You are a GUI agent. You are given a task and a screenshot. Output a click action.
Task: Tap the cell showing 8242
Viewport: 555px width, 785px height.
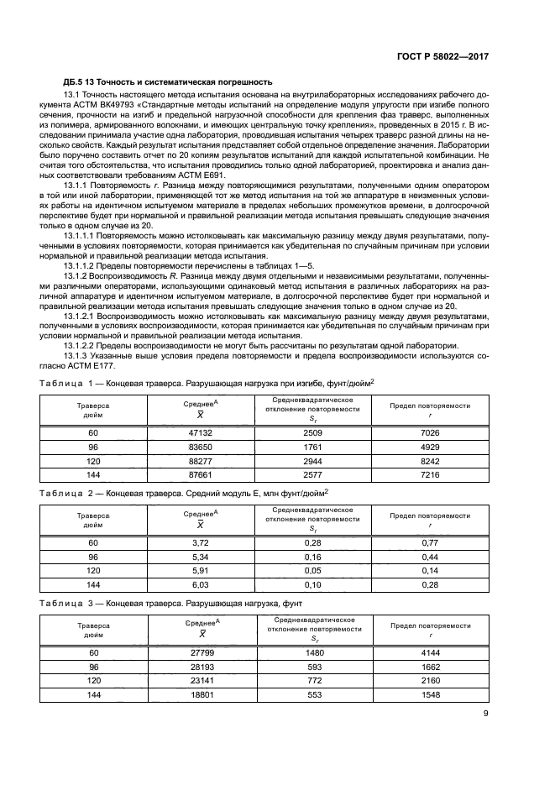coord(430,461)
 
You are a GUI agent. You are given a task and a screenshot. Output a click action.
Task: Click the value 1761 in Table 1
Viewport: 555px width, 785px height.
coord(313,447)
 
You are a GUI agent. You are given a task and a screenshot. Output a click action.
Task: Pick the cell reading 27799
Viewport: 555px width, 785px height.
coord(200,652)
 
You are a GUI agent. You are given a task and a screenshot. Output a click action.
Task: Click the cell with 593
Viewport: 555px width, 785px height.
coord(313,667)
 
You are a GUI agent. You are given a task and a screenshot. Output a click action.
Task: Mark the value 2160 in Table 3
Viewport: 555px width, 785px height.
coord(430,682)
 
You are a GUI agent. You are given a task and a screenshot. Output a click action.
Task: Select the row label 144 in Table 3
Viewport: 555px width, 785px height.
coord(94,697)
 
